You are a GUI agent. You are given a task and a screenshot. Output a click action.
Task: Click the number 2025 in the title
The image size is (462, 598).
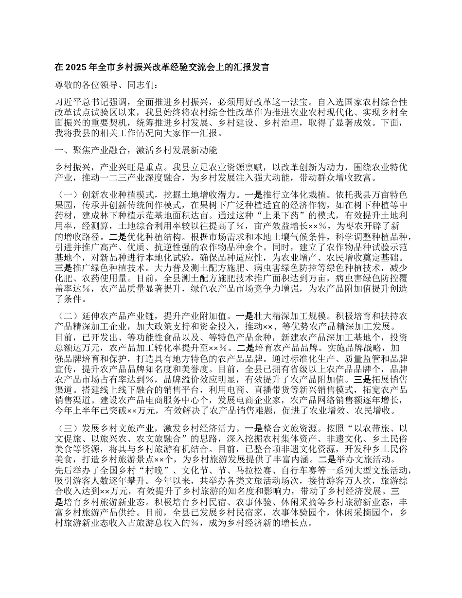pos(74,67)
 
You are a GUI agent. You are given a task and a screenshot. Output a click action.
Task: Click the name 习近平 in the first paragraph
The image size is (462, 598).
pos(67,103)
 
